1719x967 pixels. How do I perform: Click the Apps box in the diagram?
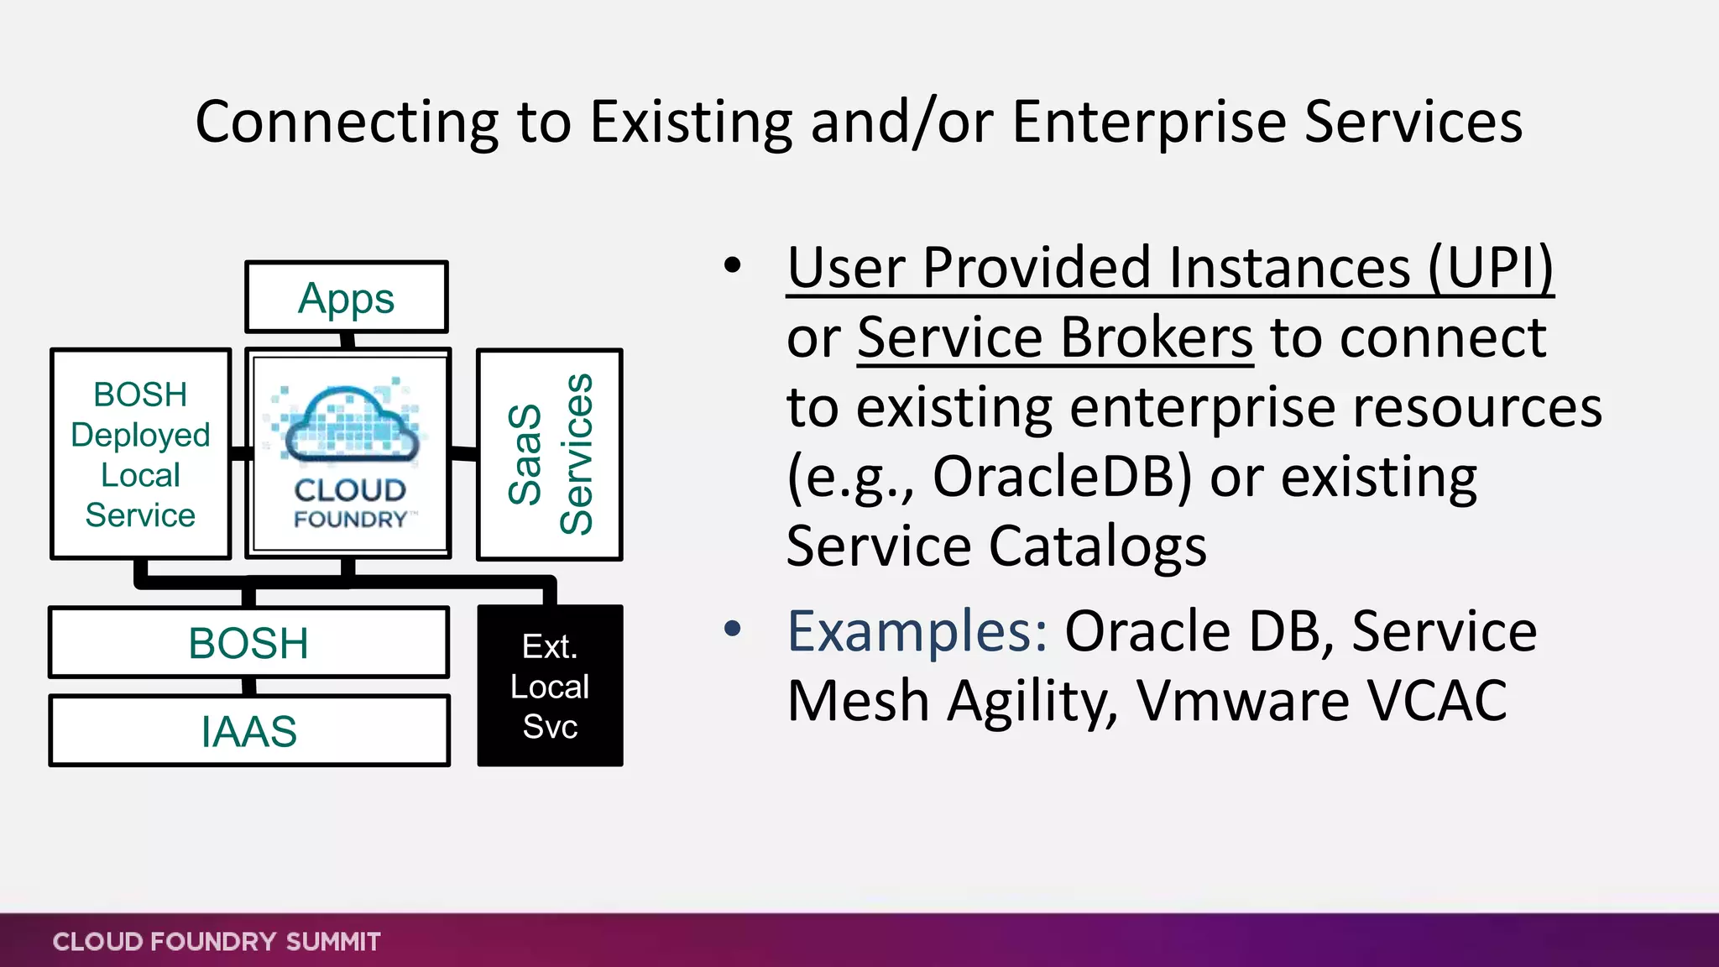pos(346,298)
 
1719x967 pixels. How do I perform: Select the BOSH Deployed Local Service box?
pos(140,454)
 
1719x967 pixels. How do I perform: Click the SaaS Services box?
pos(550,454)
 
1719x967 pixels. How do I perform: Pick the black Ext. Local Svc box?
pos(550,686)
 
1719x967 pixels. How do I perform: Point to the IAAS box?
pos(249,731)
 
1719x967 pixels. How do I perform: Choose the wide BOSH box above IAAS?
pos(249,643)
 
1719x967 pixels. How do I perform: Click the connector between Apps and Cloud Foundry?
pos(347,341)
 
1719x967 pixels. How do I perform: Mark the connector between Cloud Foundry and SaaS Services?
pos(463,454)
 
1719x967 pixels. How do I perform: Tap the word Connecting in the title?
pos(347,123)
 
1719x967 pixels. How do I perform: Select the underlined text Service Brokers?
pos(1055,338)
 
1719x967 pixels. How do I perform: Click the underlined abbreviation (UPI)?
pos(1491,269)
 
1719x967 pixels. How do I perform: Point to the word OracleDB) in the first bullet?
pos(1062,478)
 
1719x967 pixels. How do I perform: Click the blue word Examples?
pos(917,631)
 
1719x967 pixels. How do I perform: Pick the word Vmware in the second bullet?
pos(1241,701)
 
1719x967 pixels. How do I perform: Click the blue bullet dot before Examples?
pos(733,629)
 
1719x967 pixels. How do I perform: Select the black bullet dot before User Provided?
pos(733,265)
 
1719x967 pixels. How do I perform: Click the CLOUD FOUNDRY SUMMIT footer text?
pos(217,942)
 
